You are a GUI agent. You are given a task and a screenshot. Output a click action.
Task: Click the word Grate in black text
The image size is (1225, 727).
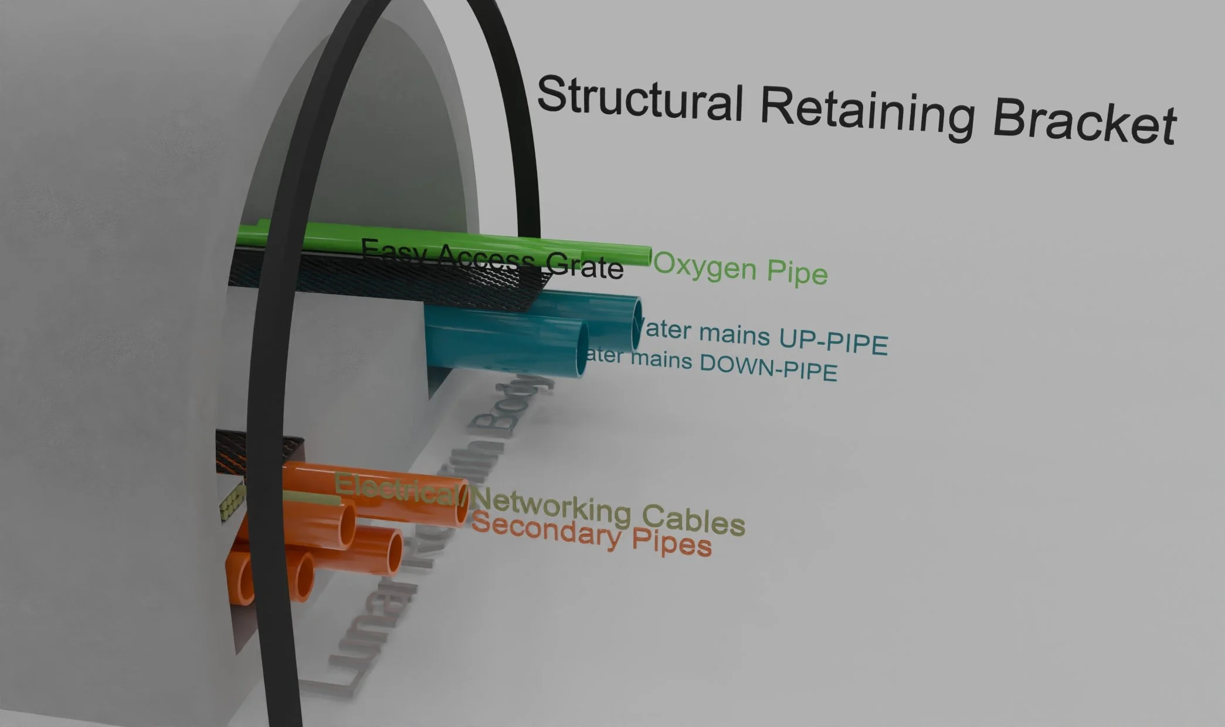coord(584,267)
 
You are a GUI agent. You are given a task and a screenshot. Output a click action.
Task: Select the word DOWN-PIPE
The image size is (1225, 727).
coord(768,368)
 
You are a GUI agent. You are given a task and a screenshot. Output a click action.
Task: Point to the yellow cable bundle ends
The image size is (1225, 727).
coord(231,504)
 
